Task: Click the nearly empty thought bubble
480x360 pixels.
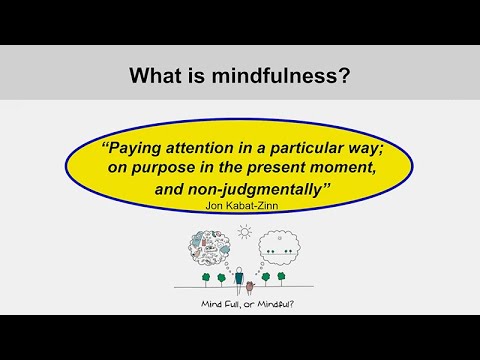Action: coord(282,254)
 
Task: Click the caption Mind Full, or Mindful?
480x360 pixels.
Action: coord(240,311)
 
